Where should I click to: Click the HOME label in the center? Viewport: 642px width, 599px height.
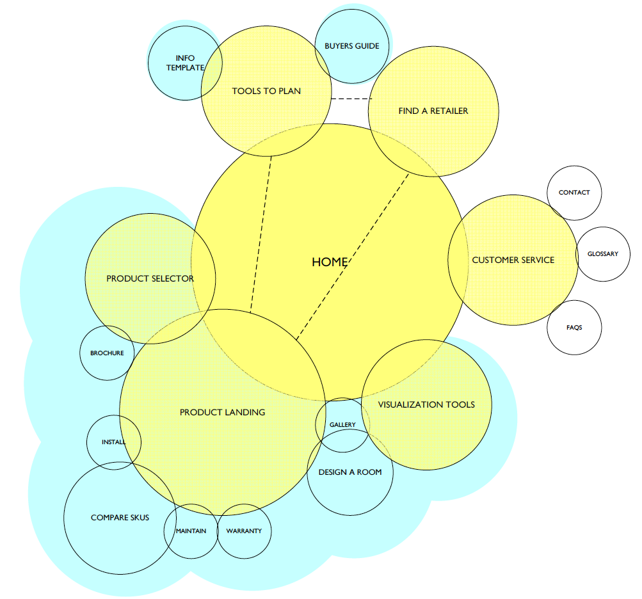tap(330, 262)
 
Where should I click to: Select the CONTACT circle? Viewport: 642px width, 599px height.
tap(574, 193)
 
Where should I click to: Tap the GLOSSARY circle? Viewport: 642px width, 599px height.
tap(603, 254)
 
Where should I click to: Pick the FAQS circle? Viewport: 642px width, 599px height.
tap(574, 328)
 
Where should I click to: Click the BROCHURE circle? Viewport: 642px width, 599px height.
tap(107, 353)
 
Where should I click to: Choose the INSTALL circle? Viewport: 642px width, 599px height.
tap(113, 442)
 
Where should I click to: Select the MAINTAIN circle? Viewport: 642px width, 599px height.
tap(191, 531)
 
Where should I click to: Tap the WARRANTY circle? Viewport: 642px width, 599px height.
tap(244, 531)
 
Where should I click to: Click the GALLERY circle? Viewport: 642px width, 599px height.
tap(342, 425)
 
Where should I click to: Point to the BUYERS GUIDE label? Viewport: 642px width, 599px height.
tap(352, 46)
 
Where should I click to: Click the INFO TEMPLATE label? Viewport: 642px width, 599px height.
tap(185, 63)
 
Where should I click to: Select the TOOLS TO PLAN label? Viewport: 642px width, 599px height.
tap(266, 92)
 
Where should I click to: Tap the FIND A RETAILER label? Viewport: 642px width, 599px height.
tap(433, 111)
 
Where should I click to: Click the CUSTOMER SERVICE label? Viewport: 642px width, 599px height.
tap(513, 260)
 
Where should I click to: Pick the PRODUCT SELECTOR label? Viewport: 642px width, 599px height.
tap(150, 278)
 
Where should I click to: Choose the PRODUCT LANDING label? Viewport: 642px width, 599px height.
tap(222, 412)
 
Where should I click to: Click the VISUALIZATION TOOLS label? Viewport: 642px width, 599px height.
tap(426, 404)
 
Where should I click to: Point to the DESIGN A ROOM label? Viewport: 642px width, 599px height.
tap(350, 472)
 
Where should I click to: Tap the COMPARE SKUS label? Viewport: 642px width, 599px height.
tap(120, 517)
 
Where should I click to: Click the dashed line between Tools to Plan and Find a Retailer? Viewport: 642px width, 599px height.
tap(351, 99)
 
